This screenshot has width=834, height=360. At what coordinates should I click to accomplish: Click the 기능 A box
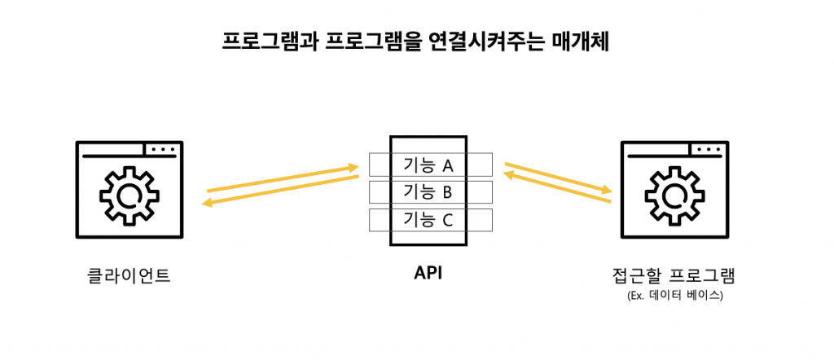click(x=429, y=165)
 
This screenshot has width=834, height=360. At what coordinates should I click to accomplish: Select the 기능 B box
click(x=429, y=192)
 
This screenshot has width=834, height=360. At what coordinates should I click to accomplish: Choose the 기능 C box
click(x=429, y=220)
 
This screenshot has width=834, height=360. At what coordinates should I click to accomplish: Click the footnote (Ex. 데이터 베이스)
click(x=674, y=295)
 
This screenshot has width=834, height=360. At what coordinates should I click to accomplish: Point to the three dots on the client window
click(x=162, y=150)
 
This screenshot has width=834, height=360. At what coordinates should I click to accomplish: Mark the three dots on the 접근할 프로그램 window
click(x=708, y=150)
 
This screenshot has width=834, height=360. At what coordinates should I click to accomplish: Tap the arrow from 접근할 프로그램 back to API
click(x=558, y=191)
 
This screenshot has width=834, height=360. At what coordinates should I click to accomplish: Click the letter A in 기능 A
click(x=447, y=165)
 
